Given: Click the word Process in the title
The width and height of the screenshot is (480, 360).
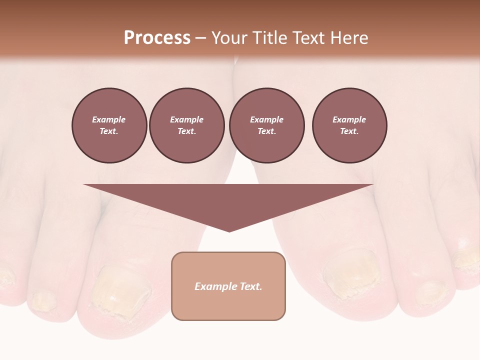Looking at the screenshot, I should (157, 38).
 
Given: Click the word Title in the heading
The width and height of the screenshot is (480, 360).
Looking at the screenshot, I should (269, 38).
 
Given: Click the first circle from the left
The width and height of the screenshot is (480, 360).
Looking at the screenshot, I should (109, 125).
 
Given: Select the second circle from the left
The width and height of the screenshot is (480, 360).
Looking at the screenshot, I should (186, 125).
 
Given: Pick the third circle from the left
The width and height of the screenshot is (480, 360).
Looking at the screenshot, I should (266, 125).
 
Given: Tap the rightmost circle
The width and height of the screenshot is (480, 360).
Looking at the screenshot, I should (349, 125).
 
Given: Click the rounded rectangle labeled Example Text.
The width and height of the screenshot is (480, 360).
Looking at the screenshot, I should (228, 286).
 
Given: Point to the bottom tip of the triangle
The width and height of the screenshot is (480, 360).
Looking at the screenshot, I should (229, 231).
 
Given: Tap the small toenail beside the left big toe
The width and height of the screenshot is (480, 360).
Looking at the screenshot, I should (42, 300).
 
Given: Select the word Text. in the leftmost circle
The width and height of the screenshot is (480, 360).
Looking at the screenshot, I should (109, 131).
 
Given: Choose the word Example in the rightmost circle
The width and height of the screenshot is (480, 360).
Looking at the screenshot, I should (349, 119).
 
